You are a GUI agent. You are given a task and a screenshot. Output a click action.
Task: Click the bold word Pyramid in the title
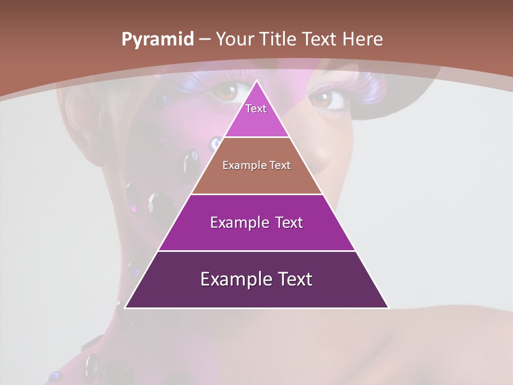pyautogui.click(x=158, y=40)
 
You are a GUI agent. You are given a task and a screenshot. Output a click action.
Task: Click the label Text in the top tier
pyautogui.click(x=256, y=109)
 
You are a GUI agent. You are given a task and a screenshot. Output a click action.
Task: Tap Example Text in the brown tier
pyautogui.click(x=256, y=165)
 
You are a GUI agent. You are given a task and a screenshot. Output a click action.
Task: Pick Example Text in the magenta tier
pyautogui.click(x=256, y=222)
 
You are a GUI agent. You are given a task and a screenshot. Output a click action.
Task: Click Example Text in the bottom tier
pyautogui.click(x=256, y=279)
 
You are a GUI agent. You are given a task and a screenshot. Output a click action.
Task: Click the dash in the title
pyautogui.click(x=205, y=40)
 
